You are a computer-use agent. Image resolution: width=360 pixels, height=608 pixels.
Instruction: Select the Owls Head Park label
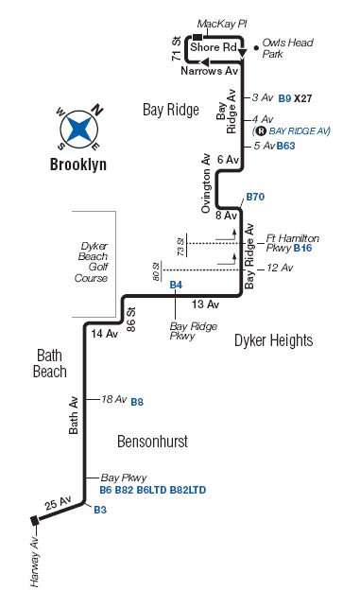pos(285,47)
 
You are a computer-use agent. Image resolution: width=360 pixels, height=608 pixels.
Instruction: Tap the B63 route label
pos(286,146)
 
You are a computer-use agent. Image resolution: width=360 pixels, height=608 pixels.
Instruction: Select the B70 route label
pos(255,197)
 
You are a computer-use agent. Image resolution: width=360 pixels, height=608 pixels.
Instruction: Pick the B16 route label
pos(302,248)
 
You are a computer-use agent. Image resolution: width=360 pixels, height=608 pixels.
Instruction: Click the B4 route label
pos(175,285)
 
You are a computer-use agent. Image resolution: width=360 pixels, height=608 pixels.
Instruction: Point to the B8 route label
pos(137,401)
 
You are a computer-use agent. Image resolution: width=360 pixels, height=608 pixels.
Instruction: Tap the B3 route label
pos(100,510)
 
